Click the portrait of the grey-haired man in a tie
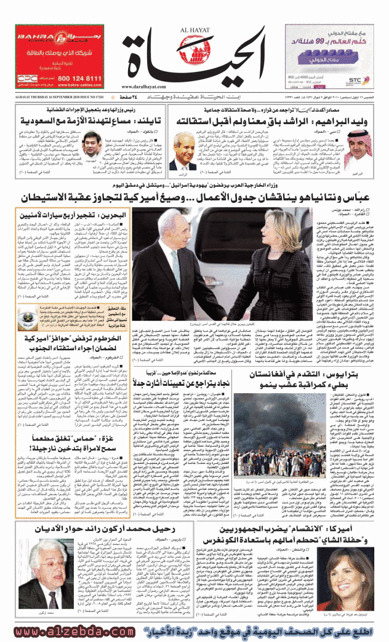pos(182,146)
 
